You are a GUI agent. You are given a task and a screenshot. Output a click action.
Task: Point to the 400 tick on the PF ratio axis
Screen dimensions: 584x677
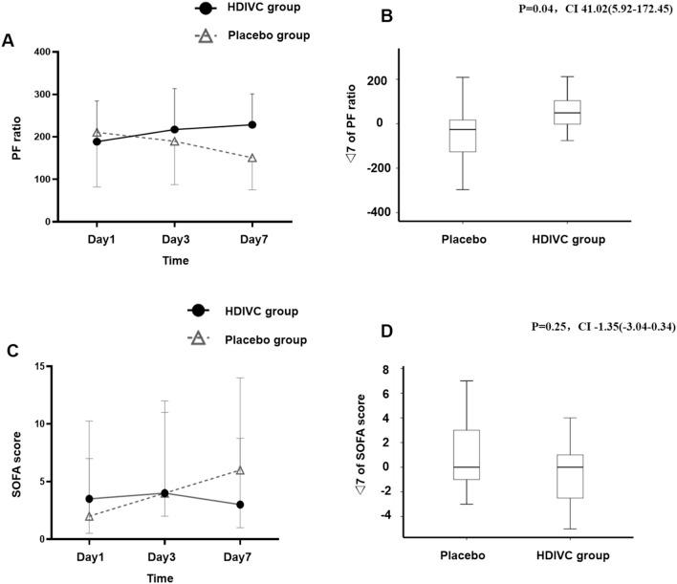41,52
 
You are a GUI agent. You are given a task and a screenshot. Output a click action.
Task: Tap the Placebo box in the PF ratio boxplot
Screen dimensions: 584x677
463,135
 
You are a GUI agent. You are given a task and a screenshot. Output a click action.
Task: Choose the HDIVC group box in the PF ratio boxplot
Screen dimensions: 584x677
566,112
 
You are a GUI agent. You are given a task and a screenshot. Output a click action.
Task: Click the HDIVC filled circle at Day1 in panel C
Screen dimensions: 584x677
90,499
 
